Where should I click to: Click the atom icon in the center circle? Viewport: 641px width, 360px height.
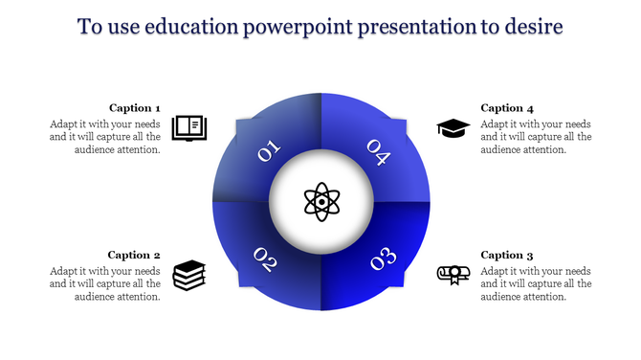pyautogui.click(x=320, y=202)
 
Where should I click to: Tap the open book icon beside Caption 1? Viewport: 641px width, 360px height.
pyautogui.click(x=188, y=127)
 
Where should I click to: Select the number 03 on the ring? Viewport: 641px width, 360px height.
pyautogui.click(x=383, y=259)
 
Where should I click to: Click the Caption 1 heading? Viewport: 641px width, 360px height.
pyautogui.click(x=134, y=108)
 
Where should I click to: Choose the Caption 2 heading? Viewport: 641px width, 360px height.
pyautogui.click(x=134, y=255)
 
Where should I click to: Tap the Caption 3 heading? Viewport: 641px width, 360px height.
pyautogui.click(x=507, y=255)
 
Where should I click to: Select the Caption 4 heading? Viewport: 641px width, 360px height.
pyautogui.click(x=507, y=108)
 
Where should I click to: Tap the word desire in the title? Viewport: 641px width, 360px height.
pyautogui.click(x=534, y=26)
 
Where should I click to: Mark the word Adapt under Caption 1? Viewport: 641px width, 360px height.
pyautogui.click(x=66, y=124)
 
